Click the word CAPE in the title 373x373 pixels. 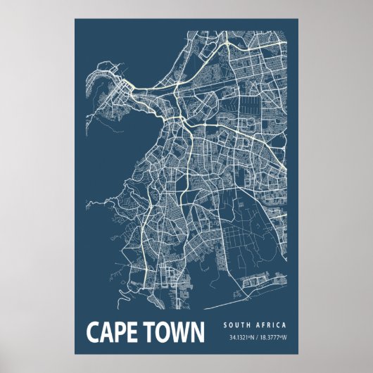pos(115,332)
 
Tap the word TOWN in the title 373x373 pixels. pos(175,332)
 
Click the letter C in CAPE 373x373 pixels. pos(92,332)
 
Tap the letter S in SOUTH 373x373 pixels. pos(225,325)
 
